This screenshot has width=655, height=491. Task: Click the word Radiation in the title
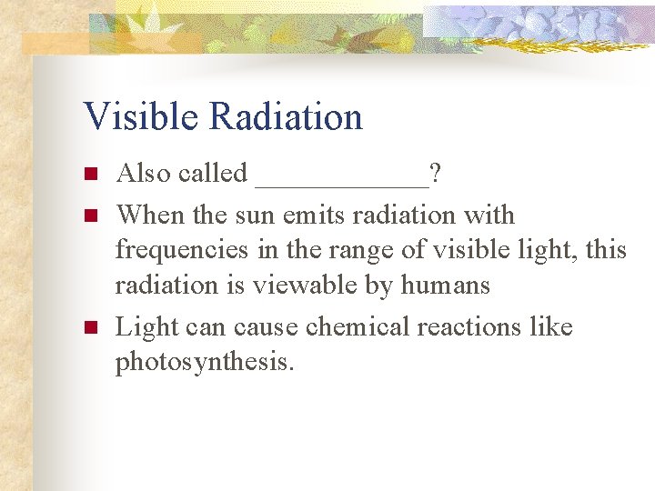coord(286,117)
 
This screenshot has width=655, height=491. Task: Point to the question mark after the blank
coord(437,173)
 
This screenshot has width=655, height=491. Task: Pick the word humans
coord(447,286)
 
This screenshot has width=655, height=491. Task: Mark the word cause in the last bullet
coord(266,326)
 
